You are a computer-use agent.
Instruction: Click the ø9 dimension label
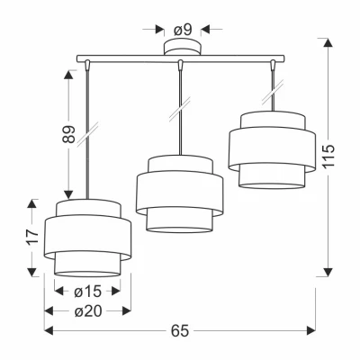pos(183,30)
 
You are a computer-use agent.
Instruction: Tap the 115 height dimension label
pos(328,157)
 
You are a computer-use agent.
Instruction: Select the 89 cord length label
pos(68,134)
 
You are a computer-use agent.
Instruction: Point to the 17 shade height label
pos(32,237)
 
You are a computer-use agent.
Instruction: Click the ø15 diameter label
pos(87,292)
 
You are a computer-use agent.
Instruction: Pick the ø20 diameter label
pos(88,311)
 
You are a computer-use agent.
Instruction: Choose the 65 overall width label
pos(180,331)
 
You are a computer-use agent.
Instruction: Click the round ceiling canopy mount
pos(182,47)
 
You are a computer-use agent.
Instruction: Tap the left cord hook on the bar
pos(87,66)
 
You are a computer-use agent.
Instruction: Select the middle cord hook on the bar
pos(180,66)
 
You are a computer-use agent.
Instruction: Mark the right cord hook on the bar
pos(273,66)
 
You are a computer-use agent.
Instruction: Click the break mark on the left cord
pos(87,134)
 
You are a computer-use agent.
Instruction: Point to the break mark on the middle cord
pos(180,109)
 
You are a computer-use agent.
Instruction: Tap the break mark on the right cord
pos(273,93)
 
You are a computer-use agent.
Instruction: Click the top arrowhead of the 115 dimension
pos(328,42)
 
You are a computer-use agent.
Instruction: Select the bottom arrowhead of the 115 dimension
pos(328,272)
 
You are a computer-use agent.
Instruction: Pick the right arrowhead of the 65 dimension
pos(310,330)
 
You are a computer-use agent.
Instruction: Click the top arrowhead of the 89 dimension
pos(68,75)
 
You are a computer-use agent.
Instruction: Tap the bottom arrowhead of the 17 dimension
pos(32,272)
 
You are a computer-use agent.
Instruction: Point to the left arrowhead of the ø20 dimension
pos(49,311)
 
